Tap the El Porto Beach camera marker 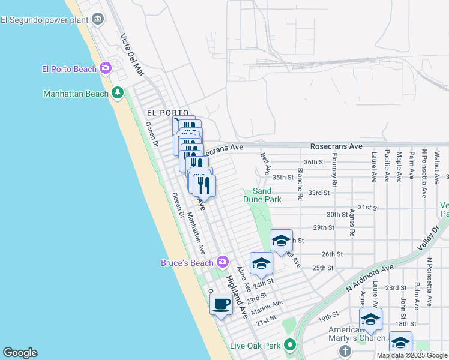106,68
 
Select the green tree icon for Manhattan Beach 118,93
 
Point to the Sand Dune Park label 262,195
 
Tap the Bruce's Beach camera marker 223,262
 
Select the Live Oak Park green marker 290,345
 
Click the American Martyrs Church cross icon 345,350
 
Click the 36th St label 314,162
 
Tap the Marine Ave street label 267,307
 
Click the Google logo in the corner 20,352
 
